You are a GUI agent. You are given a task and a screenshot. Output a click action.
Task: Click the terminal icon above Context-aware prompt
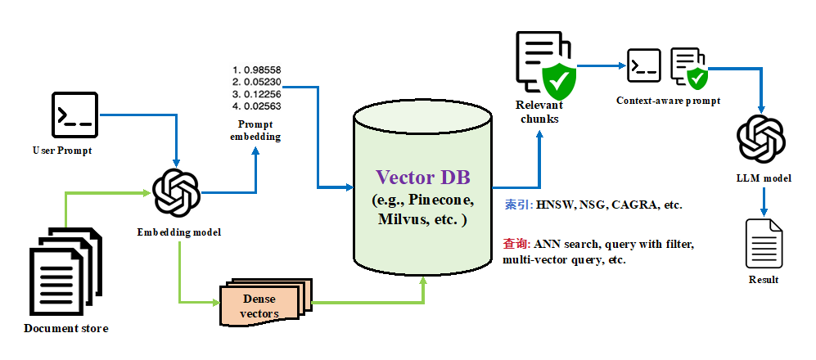[643, 65]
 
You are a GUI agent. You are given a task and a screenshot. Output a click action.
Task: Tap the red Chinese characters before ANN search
[516, 244]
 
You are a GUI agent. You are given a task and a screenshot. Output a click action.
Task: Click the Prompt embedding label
[255, 130]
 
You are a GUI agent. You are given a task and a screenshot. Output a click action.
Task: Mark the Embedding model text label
[178, 232]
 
